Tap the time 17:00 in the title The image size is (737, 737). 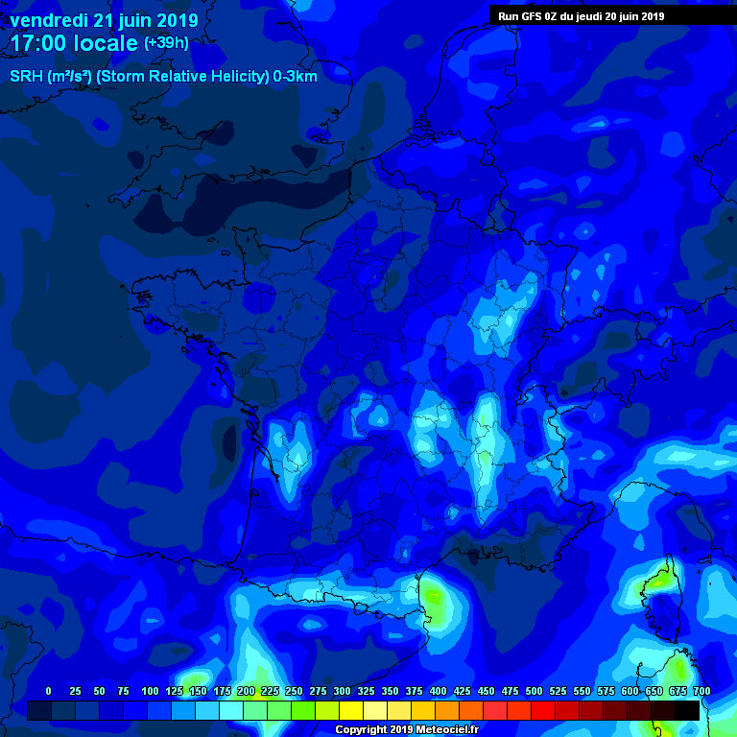pyautogui.click(x=38, y=43)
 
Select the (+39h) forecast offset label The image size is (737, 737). pyautogui.click(x=166, y=43)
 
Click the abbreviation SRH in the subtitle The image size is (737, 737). pyautogui.click(x=26, y=76)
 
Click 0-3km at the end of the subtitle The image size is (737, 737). pyautogui.click(x=296, y=76)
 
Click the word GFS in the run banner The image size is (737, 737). pyautogui.click(x=537, y=16)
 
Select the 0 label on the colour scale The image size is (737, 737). pyautogui.click(x=48, y=691)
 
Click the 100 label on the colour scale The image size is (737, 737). pyautogui.click(x=150, y=691)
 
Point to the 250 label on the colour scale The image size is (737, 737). pyautogui.click(x=294, y=691)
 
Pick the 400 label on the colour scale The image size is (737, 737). pyautogui.click(x=438, y=691)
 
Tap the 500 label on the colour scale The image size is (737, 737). pyautogui.click(x=534, y=691)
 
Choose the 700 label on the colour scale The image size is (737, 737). pyautogui.click(x=701, y=691)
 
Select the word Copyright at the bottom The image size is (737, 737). pyautogui.click(x=362, y=729)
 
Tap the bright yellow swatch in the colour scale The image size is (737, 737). pyautogui.click(x=351, y=710)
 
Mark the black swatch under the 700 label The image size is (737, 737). pyautogui.click(x=687, y=710)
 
